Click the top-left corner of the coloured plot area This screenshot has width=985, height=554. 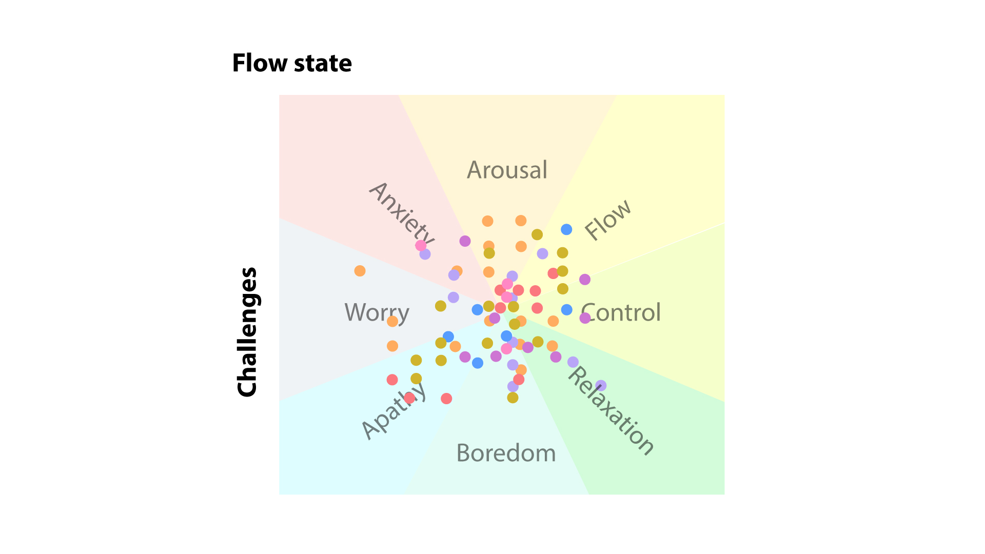(x=279, y=95)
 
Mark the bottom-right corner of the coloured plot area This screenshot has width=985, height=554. (x=724, y=494)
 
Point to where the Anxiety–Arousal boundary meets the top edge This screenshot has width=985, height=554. (x=399, y=95)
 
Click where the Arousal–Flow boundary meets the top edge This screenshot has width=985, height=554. (x=616, y=95)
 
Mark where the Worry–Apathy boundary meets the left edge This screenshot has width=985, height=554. (x=279, y=400)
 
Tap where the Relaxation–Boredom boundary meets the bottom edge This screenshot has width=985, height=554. (x=589, y=494)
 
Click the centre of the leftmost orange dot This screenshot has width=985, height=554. (x=360, y=271)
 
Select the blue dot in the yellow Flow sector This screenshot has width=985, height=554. (x=566, y=229)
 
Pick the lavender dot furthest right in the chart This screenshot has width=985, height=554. (x=601, y=385)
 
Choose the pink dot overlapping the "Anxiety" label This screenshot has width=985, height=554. (x=421, y=245)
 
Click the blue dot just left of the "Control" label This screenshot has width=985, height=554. (x=566, y=310)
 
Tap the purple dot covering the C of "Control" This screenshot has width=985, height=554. (x=585, y=318)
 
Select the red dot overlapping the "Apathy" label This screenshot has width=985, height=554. (x=409, y=398)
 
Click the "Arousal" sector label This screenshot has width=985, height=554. (x=507, y=170)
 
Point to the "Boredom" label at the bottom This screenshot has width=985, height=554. (x=506, y=453)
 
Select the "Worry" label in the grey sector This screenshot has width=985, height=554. (x=377, y=313)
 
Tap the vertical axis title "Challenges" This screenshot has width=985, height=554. (x=247, y=332)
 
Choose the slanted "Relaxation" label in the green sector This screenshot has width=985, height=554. (x=610, y=411)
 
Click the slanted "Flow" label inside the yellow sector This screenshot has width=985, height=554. (x=608, y=220)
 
